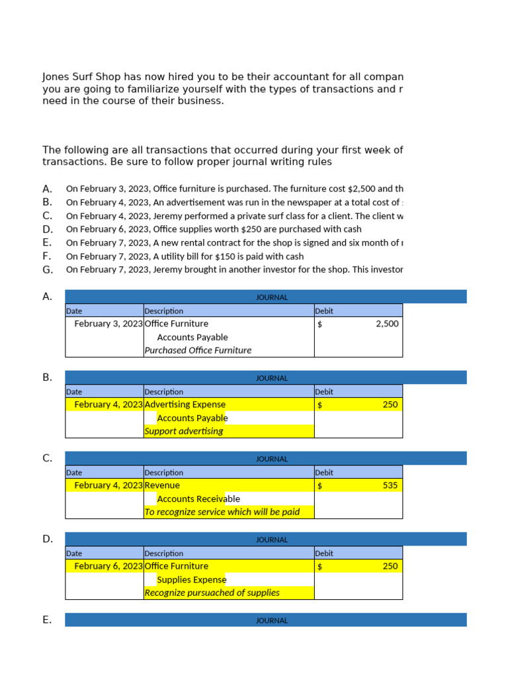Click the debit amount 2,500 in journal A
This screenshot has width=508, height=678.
(x=387, y=324)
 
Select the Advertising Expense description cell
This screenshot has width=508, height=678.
(x=185, y=405)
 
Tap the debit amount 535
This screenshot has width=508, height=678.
(x=390, y=485)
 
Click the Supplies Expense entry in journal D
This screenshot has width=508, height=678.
(x=192, y=579)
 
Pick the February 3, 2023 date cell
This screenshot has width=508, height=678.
(x=108, y=324)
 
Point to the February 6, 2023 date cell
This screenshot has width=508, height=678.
(x=108, y=566)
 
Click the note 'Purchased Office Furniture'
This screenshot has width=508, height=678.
(x=198, y=350)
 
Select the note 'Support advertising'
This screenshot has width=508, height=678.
(x=184, y=431)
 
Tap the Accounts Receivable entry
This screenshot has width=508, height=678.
(x=198, y=499)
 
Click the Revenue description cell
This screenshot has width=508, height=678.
(x=162, y=485)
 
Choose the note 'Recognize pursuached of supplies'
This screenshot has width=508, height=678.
(x=212, y=593)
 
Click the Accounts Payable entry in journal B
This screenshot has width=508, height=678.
(x=192, y=418)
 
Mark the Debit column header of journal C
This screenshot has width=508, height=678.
(x=324, y=473)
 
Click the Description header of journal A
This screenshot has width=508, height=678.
(x=164, y=311)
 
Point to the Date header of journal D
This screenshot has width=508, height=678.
(x=74, y=554)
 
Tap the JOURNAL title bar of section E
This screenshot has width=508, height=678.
(x=272, y=620)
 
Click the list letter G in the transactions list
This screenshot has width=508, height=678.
(x=48, y=269)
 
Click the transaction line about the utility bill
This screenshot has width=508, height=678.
(x=185, y=256)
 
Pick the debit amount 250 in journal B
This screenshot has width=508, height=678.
(x=390, y=405)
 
